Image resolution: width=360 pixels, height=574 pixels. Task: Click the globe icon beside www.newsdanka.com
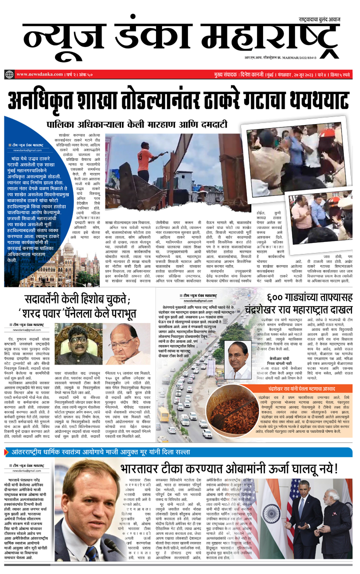tap(9, 74)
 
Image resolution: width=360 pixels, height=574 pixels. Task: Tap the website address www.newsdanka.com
tap(36, 74)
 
